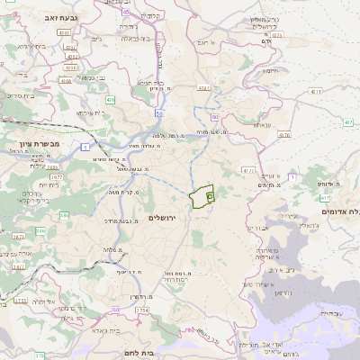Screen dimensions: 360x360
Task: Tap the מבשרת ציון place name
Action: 38,143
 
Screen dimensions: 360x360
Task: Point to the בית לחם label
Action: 162,353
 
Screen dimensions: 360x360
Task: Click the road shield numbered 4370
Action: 276,35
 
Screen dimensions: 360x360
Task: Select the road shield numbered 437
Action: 205,87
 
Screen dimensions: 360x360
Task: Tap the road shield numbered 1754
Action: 141,310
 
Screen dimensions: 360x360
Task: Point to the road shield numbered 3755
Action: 20,301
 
